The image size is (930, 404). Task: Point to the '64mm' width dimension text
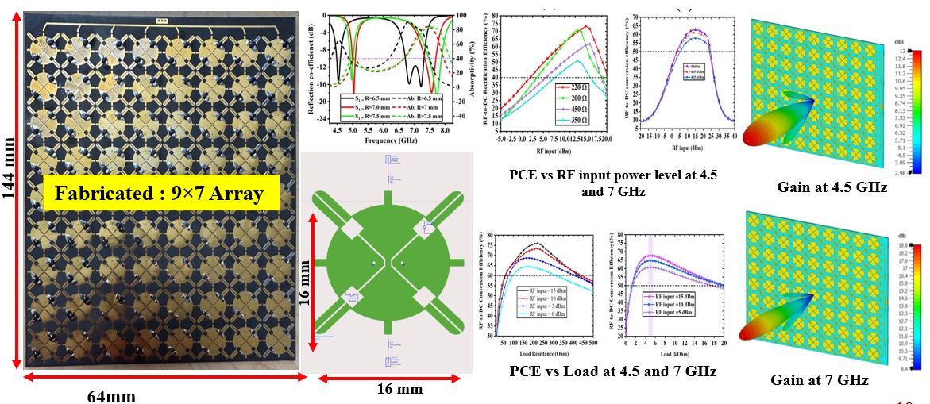[x=110, y=394]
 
